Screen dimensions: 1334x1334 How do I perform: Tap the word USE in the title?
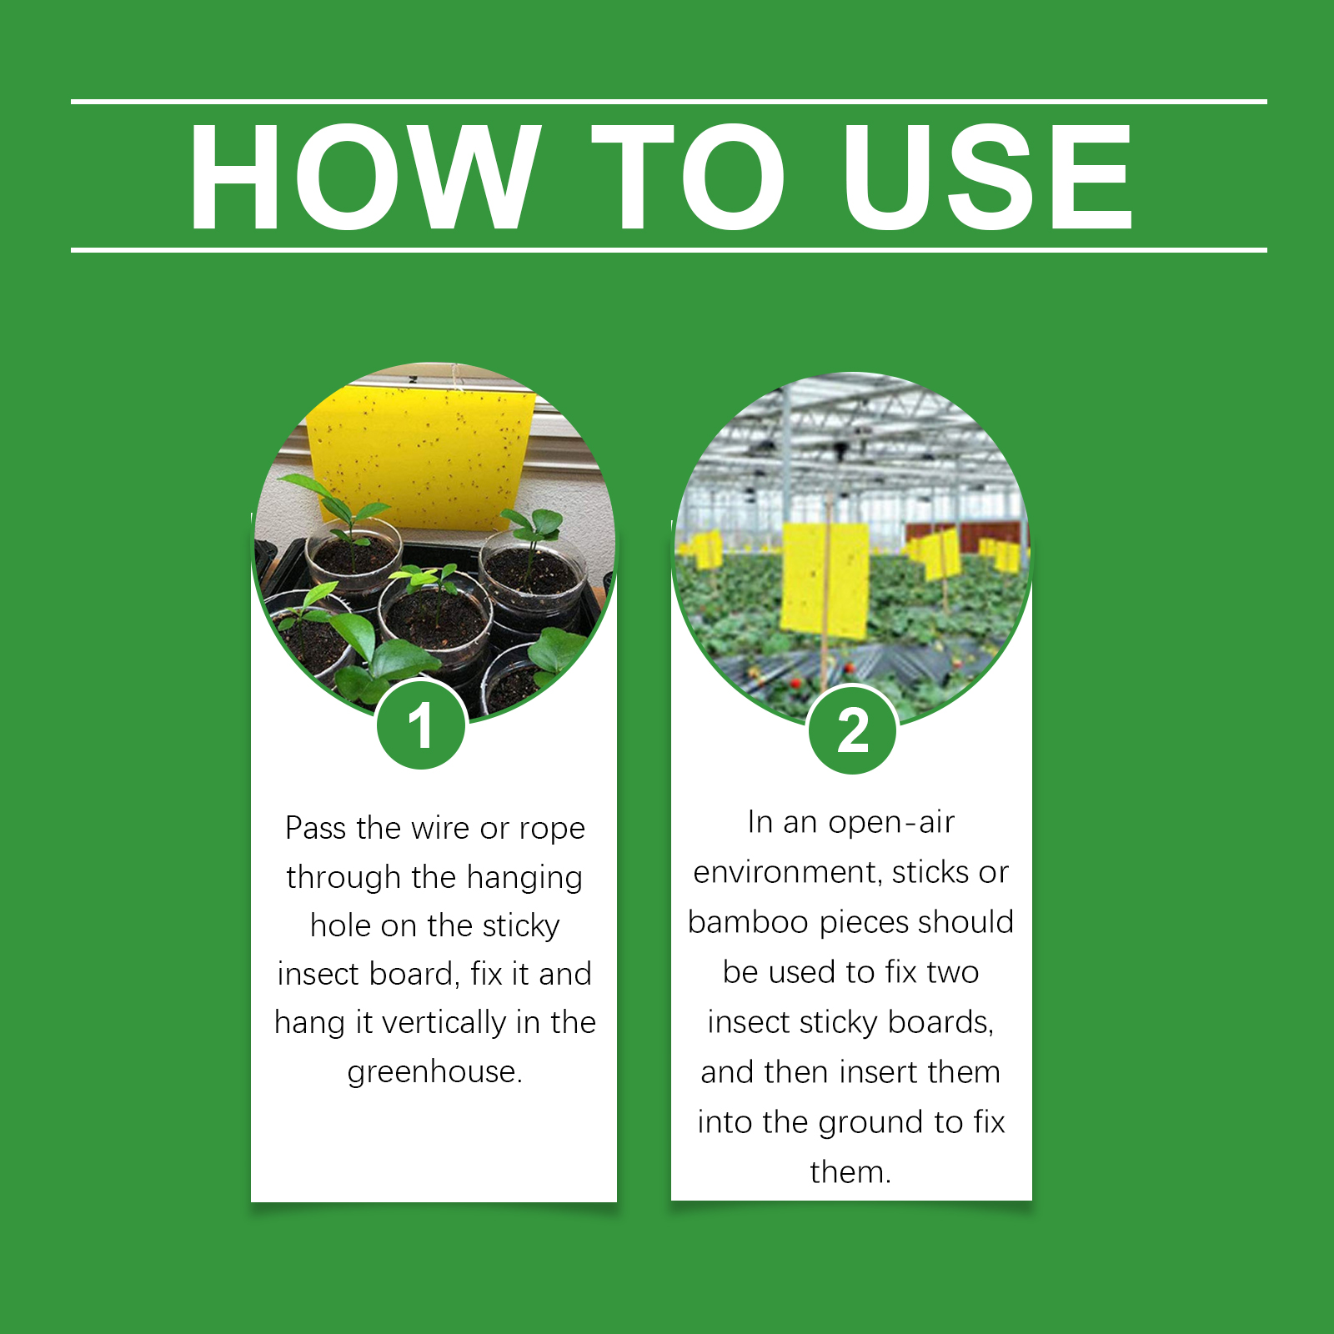[987, 176]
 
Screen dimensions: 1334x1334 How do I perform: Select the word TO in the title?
[689, 176]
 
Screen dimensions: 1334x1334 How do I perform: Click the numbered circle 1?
[421, 725]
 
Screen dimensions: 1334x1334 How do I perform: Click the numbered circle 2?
[853, 730]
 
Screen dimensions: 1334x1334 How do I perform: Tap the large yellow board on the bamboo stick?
[825, 580]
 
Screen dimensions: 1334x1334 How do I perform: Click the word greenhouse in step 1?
[434, 1072]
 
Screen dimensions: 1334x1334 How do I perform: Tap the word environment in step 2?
[788, 872]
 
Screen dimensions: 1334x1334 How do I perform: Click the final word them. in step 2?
[850, 1172]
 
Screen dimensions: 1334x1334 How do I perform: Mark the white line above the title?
[669, 102]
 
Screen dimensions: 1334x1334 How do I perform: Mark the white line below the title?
[669, 249]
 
